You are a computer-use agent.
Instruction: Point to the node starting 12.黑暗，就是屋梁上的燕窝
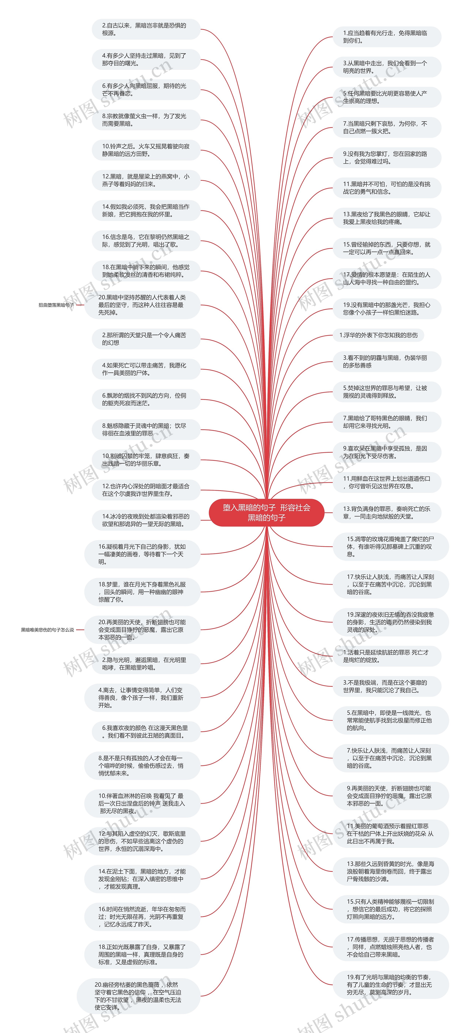pyautogui.click(x=146, y=180)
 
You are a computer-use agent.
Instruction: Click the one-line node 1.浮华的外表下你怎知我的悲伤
pyautogui.click(x=378, y=335)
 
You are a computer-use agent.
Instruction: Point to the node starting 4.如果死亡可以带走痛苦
pyautogui.click(x=146, y=369)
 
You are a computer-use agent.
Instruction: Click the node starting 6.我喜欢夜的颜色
pyautogui.click(x=146, y=731)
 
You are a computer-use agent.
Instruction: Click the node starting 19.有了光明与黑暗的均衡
pyautogui.click(x=391, y=985)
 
